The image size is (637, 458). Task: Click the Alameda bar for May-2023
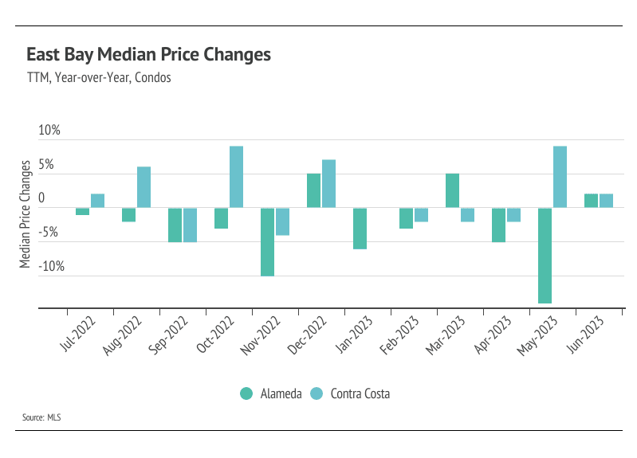pos(545,255)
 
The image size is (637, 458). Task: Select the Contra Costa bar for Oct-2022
pos(236,177)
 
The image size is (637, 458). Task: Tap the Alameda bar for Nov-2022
pos(267,241)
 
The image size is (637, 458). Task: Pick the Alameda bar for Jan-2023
pos(360,228)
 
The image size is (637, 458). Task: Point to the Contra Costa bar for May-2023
pos(560,177)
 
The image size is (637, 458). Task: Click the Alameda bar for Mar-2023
pos(452,190)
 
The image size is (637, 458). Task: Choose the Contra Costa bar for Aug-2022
pos(144,187)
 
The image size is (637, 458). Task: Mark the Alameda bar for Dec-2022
pos(313,190)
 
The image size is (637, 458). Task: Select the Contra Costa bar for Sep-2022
pos(190,225)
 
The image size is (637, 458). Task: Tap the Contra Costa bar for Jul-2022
pos(97,201)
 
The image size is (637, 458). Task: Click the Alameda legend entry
pos(270,393)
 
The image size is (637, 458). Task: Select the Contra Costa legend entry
pos(350,393)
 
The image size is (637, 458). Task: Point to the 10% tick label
pos(49,131)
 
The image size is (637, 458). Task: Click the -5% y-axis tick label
pos(49,233)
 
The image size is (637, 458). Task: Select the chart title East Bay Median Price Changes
pos(148,55)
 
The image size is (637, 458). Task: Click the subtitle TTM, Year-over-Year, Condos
pos(99,78)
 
